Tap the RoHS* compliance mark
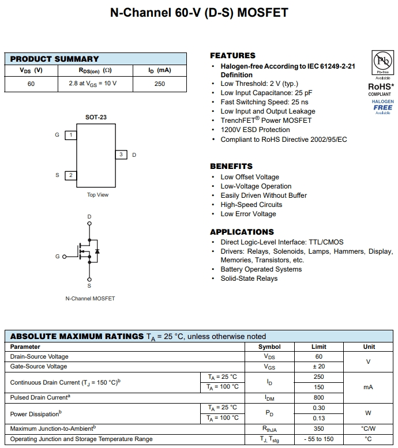click(381, 87)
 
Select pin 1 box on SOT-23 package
click(70, 135)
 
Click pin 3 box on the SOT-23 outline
click(121, 155)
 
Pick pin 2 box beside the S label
click(70, 175)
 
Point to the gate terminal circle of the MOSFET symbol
click(65, 256)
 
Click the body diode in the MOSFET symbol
click(97, 251)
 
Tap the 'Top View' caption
click(97, 195)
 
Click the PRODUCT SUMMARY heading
click(54, 59)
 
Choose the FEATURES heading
click(232, 55)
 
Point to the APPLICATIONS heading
click(242, 232)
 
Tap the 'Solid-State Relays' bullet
click(249, 278)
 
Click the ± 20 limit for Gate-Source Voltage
click(318, 366)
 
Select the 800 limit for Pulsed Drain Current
click(318, 397)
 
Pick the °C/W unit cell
click(368, 428)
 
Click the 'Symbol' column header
click(269, 347)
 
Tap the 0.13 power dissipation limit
click(318, 418)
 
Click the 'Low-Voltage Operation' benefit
click(256, 186)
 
